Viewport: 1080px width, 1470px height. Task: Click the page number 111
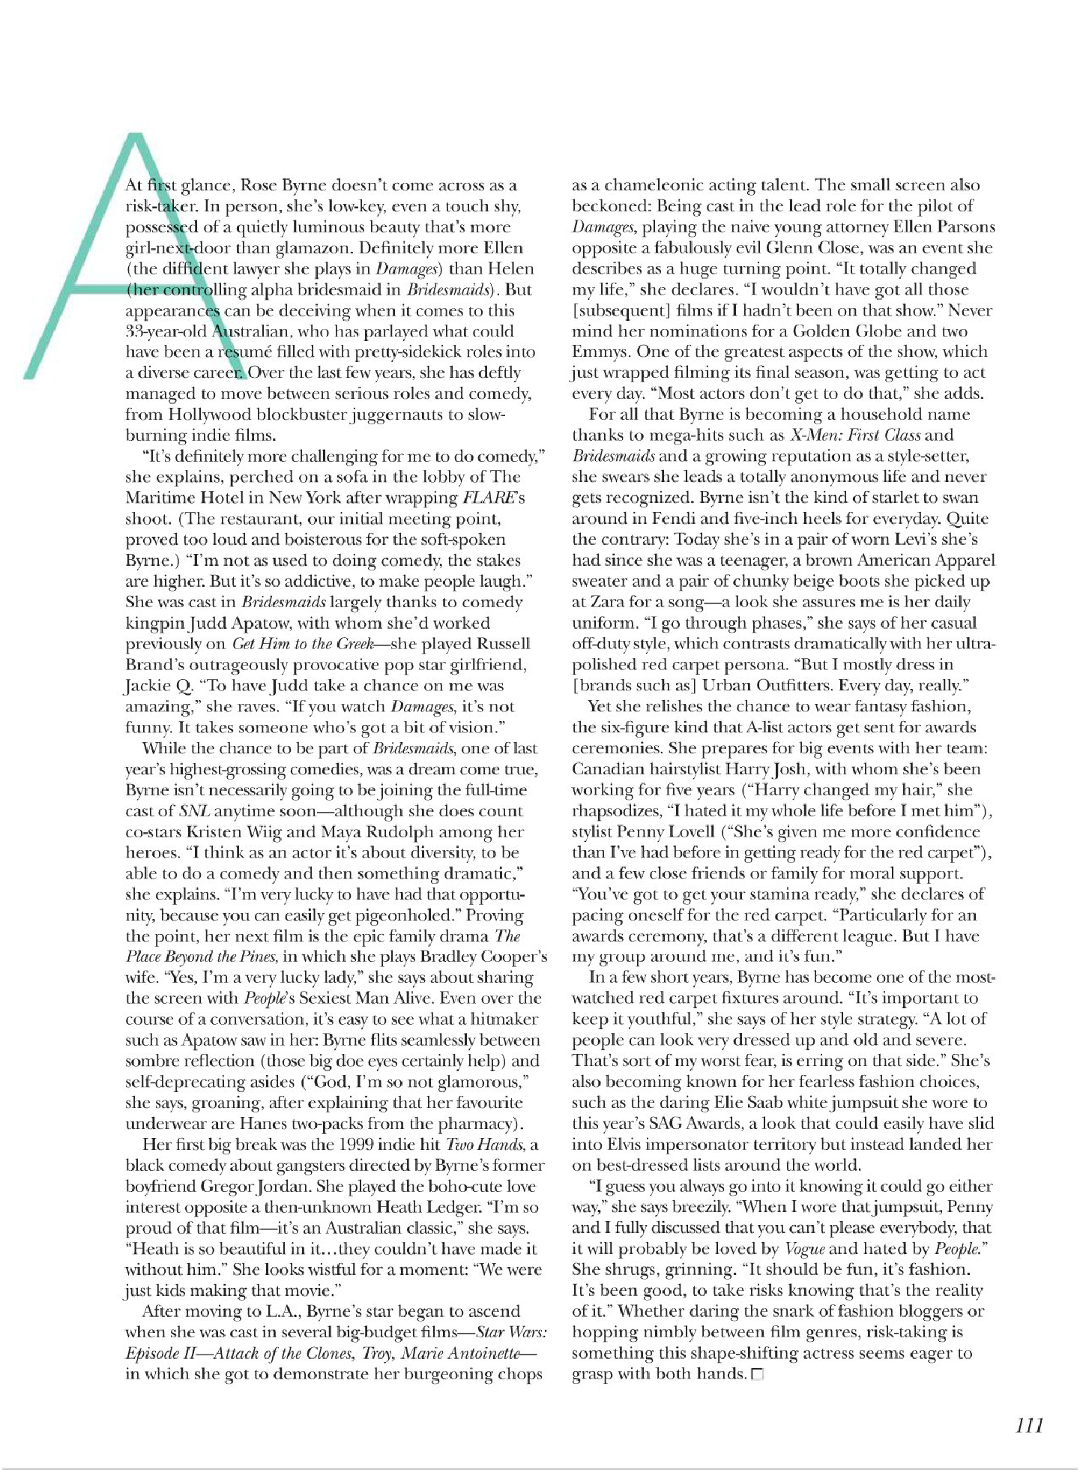coord(1029,1425)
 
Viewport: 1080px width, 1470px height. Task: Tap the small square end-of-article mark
coord(756,1375)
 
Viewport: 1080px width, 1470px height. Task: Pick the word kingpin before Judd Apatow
coord(154,623)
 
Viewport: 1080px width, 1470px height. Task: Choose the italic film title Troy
coord(376,1354)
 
